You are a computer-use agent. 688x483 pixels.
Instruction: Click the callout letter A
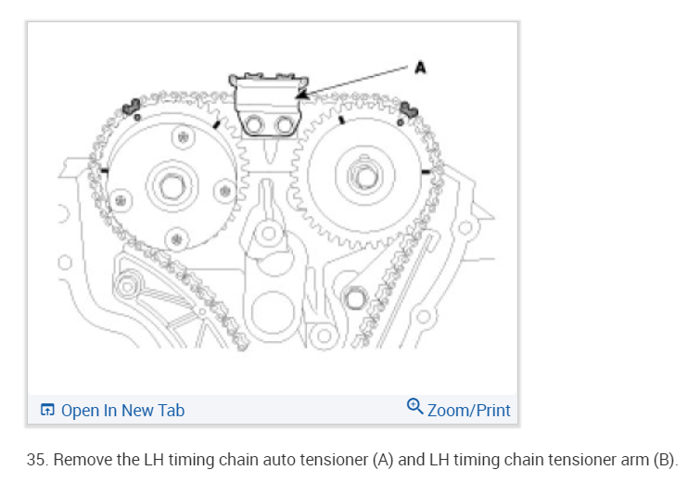[x=419, y=68]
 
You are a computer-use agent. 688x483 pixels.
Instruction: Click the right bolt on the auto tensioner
[x=279, y=121]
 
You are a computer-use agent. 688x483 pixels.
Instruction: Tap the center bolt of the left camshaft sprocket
[x=170, y=185]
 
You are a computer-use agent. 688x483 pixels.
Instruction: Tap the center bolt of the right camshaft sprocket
[x=361, y=173]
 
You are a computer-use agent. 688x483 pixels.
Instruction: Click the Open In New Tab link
[x=122, y=410]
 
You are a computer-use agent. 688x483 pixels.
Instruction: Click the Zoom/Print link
[x=468, y=410]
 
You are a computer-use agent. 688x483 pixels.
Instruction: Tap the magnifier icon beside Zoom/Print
[x=415, y=407]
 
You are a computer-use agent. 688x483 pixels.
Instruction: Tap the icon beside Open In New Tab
[x=48, y=410]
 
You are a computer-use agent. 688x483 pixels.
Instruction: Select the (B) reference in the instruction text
[x=664, y=460]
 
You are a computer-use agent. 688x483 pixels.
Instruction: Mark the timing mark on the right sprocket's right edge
[x=425, y=171]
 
